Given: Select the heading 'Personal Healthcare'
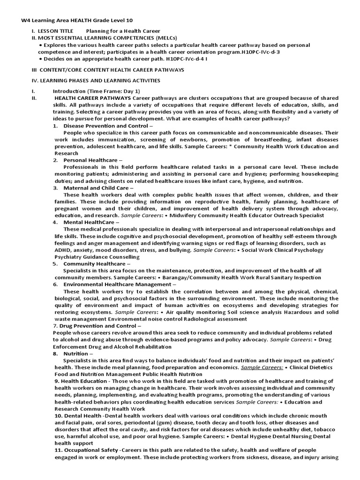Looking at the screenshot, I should click(90, 160).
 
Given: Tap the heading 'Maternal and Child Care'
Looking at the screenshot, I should click(96, 187).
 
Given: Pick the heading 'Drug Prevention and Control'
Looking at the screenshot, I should click(97, 325).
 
